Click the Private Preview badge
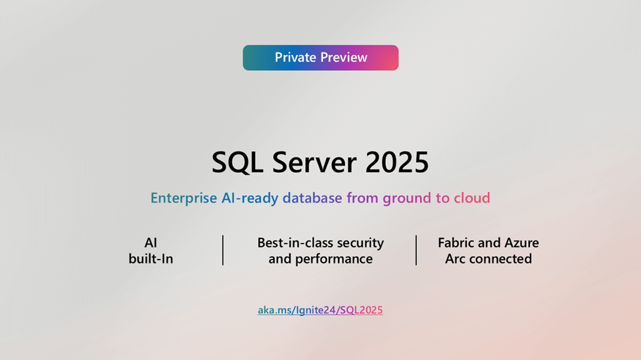[321, 58]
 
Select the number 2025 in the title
[397, 162]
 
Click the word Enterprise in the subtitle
[183, 198]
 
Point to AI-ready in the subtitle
[250, 198]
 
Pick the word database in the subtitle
[312, 198]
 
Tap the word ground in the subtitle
[407, 198]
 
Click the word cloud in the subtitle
[472, 198]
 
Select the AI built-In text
[151, 250]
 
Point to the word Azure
[521, 242]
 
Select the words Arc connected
[488, 259]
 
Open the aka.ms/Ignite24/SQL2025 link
[320, 310]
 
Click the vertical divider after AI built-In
[223, 250]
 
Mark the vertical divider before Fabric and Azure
[416, 250]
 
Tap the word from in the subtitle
[363, 198]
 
